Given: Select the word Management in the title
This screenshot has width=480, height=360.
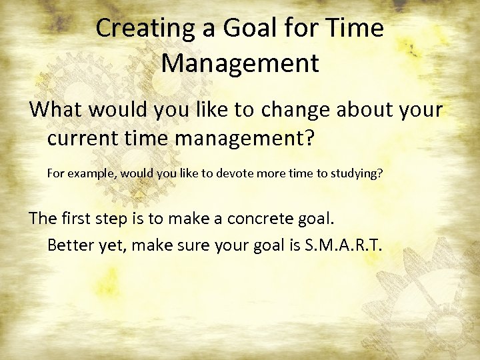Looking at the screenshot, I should (x=240, y=63).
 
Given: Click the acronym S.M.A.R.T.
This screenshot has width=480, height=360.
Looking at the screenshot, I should (x=343, y=245).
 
